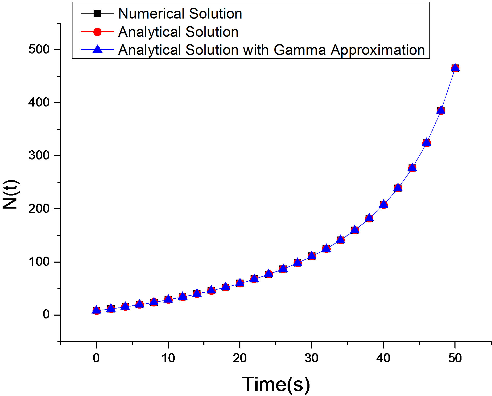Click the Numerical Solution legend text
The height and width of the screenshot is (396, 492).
(x=180, y=14)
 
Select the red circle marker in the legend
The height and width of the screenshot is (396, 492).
(x=97, y=32)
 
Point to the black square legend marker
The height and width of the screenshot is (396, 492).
(x=97, y=13)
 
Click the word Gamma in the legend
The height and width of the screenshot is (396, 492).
(x=300, y=50)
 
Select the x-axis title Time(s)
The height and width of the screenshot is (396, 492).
(x=276, y=384)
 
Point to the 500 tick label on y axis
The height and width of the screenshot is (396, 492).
(x=39, y=49)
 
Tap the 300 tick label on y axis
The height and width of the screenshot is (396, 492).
(x=39, y=156)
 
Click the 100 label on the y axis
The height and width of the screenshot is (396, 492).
(x=39, y=262)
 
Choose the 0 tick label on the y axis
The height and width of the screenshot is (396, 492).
(x=46, y=315)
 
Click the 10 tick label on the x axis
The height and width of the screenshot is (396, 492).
(x=168, y=358)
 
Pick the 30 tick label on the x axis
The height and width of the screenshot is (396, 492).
(x=311, y=358)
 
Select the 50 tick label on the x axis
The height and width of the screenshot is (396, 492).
(x=455, y=358)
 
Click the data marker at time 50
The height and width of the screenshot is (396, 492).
(x=455, y=68)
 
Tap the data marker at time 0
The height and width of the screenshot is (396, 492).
(x=96, y=310)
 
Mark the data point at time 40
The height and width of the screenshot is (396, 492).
(x=383, y=204)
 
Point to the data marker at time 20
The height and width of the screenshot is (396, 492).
(x=240, y=283)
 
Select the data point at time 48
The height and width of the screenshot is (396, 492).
(x=441, y=110)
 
